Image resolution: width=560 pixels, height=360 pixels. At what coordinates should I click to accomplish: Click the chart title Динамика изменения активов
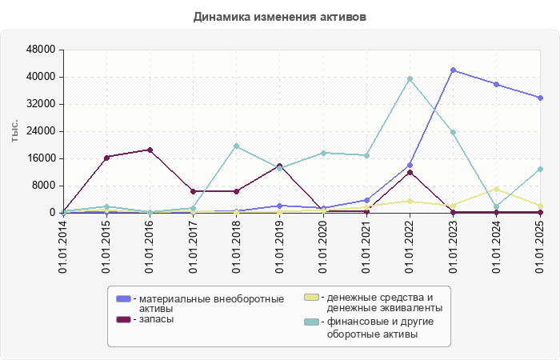(x=280, y=17)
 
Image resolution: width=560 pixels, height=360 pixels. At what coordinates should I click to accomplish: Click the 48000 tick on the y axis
(x=40, y=50)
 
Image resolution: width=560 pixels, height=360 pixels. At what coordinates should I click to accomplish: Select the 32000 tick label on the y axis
(x=40, y=104)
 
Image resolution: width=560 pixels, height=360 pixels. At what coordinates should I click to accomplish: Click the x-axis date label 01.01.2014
(x=63, y=246)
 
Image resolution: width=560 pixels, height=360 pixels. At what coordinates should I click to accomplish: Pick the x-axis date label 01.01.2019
(x=279, y=246)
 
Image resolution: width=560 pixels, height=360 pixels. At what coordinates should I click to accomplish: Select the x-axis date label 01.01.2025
(x=539, y=246)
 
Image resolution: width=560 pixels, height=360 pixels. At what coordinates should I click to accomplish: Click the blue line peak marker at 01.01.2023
(x=453, y=70)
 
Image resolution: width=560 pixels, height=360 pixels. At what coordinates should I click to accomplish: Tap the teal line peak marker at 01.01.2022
(x=410, y=79)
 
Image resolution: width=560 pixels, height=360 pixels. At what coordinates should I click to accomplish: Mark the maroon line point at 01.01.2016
(x=150, y=150)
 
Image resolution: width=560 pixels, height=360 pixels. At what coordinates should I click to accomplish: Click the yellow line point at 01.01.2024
(x=496, y=189)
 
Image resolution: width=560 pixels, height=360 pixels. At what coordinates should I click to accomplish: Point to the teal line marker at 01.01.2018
(x=236, y=146)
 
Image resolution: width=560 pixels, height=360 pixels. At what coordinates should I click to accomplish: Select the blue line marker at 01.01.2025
(x=539, y=98)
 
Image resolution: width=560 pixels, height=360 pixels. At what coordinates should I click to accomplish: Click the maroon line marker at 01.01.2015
(x=106, y=158)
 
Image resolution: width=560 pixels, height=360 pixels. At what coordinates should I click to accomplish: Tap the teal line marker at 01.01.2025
(x=539, y=170)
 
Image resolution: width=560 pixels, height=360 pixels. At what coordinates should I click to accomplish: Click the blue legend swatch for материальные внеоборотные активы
(x=123, y=298)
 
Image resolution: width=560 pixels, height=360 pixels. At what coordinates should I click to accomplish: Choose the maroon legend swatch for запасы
(x=123, y=319)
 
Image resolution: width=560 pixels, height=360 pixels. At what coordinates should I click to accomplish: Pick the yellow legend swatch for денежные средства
(x=312, y=297)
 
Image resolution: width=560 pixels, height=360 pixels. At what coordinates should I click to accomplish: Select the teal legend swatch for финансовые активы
(x=312, y=322)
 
